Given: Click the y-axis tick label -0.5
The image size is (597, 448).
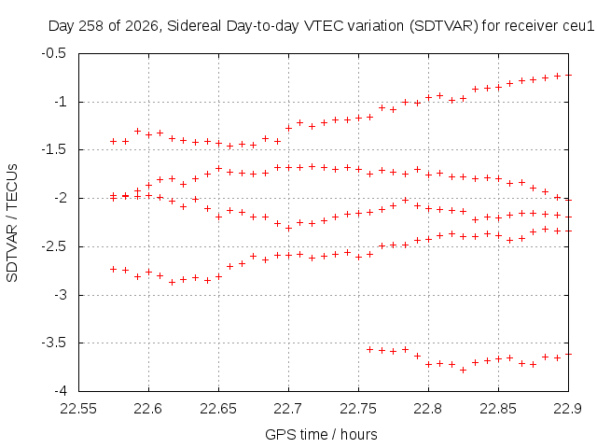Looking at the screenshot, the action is click(54, 53).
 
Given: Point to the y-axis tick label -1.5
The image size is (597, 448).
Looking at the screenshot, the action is click(54, 149).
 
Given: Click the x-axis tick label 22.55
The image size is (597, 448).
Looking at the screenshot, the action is click(78, 409).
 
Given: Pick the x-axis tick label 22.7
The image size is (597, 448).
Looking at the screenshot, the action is click(288, 409).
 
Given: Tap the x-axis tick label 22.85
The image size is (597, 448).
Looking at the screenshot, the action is click(498, 409).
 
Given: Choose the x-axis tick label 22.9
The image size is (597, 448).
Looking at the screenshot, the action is click(568, 409).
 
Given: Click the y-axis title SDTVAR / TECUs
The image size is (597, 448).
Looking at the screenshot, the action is click(12, 223).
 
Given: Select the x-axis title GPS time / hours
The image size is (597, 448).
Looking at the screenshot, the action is click(321, 434).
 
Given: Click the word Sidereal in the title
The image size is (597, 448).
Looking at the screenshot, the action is click(194, 26).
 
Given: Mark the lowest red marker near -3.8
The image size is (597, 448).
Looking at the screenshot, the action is click(463, 370).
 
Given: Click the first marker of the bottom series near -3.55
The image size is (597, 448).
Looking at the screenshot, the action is click(369, 349).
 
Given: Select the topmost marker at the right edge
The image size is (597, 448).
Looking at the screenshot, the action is click(568, 75).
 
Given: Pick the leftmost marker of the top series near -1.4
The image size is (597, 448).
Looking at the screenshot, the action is click(113, 141).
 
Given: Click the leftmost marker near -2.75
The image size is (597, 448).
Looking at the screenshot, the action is click(113, 270).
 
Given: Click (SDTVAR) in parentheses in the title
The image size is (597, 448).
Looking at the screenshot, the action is click(444, 26).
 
